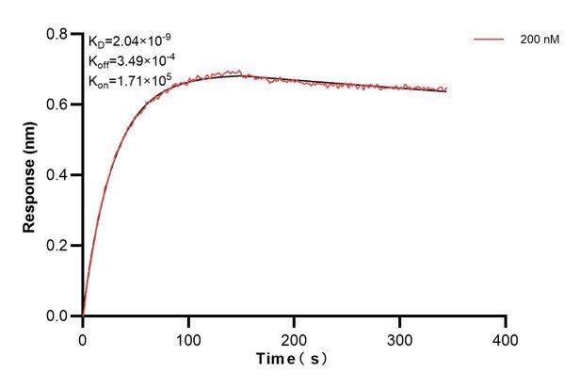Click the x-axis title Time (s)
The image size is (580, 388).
click(295, 359)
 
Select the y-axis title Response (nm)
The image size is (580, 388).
click(30, 175)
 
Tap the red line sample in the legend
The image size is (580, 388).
click(490, 40)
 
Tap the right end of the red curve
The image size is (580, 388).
click(446, 89)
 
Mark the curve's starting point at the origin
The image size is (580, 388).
click(84, 315)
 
